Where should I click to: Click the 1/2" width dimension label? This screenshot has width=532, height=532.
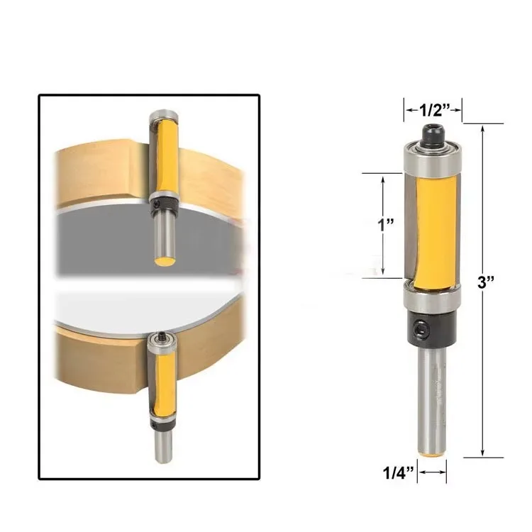[x=433, y=110]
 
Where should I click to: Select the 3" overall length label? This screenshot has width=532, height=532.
[x=488, y=282]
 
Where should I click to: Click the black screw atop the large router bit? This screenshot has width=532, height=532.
[x=433, y=132]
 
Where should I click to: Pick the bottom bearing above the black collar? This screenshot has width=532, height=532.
[x=433, y=299]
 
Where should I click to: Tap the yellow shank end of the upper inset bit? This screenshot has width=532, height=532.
[x=165, y=261]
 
